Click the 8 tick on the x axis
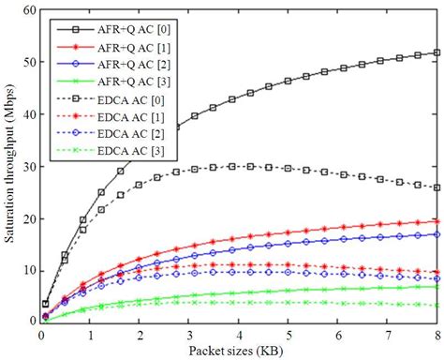[437, 335]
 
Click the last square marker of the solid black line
[437, 52]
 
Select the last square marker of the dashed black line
[437, 187]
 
